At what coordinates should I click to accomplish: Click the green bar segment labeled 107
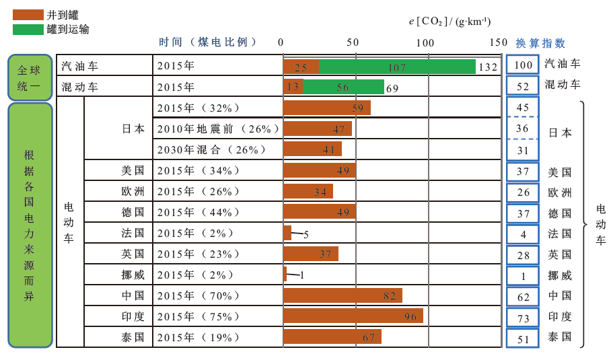tap(397, 67)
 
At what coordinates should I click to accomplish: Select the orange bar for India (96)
tap(353, 316)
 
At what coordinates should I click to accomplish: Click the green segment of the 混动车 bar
tap(343, 87)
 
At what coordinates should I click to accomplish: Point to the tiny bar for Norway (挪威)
tap(285, 274)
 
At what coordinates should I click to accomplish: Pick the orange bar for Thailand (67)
tap(332, 336)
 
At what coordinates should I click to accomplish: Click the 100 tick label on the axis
tap(425, 42)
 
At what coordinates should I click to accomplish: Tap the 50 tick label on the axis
tap(353, 42)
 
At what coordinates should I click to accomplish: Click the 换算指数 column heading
tap(540, 42)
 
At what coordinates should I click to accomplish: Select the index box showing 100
tap(523, 65)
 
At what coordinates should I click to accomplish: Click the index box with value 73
tap(523, 318)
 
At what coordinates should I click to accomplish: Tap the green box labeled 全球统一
tap(30, 77)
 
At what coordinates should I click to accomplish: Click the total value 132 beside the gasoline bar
tap(487, 67)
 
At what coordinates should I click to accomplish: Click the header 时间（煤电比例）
tap(209, 42)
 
